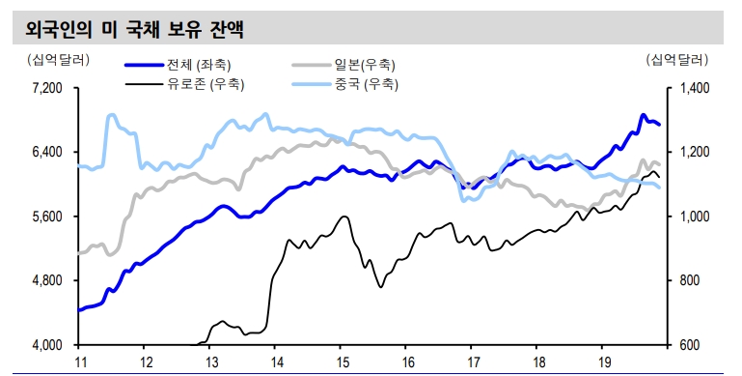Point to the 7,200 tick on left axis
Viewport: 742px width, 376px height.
46,88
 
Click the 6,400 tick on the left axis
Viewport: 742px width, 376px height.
46,152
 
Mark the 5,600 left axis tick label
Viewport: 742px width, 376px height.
46,217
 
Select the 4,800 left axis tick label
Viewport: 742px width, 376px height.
46,280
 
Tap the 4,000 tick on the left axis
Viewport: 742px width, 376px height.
46,345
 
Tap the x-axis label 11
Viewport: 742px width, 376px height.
81,362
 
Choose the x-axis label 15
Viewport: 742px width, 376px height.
342,362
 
